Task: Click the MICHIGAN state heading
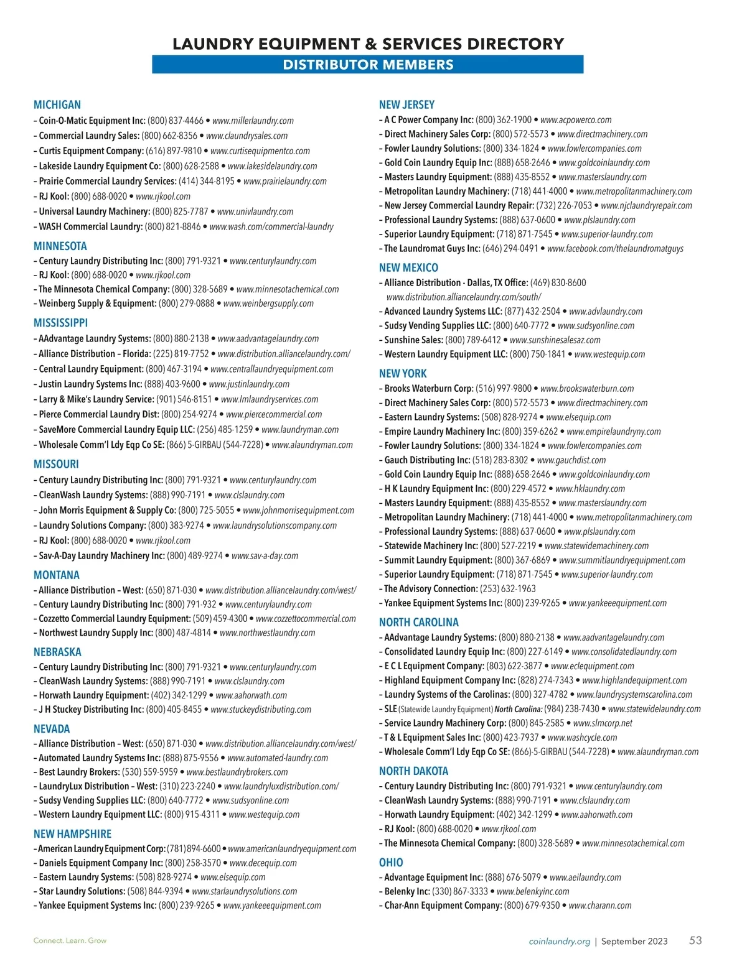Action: click(57, 104)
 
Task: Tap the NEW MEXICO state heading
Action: click(408, 267)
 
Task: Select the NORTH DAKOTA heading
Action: click(413, 771)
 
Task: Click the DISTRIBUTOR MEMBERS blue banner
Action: click(368, 65)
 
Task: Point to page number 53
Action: click(695, 940)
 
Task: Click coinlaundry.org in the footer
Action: click(559, 942)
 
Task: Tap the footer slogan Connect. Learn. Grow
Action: click(70, 940)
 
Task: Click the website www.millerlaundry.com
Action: click(253, 121)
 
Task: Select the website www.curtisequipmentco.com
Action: click(260, 151)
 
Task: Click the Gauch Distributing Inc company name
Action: click(427, 460)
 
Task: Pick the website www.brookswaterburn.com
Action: click(587, 389)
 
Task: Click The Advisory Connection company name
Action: click(431, 589)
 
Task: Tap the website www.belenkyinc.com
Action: click(533, 892)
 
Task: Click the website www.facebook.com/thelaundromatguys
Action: click(615, 249)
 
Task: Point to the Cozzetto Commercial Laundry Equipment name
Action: click(115, 619)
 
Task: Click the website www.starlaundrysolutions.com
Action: click(245, 892)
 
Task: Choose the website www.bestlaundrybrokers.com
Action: click(237, 772)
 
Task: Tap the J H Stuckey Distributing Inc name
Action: click(91, 710)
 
